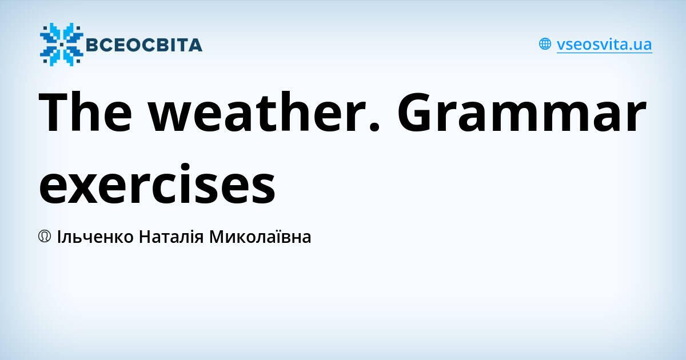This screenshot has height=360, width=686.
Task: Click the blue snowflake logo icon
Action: pos(61,44)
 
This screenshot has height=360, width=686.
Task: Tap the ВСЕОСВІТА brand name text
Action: pos(143,45)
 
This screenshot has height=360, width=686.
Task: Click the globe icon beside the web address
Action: pos(545,44)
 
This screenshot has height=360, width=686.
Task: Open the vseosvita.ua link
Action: pos(604,45)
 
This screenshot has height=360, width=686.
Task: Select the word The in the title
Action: pos(86,114)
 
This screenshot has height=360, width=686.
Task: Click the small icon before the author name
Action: pos(45,236)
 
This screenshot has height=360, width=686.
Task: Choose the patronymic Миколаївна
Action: pos(260,237)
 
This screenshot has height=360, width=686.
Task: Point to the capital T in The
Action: pos(57,114)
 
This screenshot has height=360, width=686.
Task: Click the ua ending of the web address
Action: pos(643,45)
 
